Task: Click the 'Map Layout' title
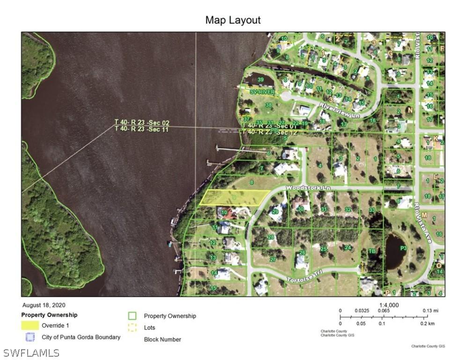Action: (233, 20)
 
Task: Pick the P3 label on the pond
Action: (402, 247)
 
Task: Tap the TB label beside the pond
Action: (372, 251)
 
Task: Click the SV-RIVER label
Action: (262, 92)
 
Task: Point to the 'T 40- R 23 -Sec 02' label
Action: (142, 123)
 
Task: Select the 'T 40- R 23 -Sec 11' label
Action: (142, 129)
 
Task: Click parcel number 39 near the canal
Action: (260, 80)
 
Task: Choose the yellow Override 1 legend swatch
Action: (30, 325)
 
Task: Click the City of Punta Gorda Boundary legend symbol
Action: (30, 337)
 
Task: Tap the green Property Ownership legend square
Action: (133, 316)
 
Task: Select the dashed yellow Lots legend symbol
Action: (133, 328)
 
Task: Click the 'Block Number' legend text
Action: (162, 339)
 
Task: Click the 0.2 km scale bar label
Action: (427, 323)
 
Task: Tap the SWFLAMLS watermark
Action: (31, 352)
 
